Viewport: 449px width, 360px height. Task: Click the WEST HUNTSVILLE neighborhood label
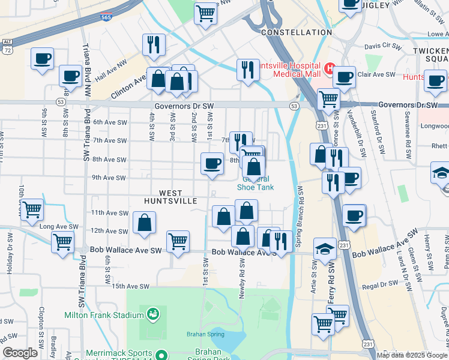click(x=171, y=197)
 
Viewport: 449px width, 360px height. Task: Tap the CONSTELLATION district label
click(x=297, y=32)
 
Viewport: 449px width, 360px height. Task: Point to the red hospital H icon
click(x=329, y=68)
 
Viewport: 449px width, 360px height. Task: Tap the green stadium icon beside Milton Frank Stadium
click(x=152, y=313)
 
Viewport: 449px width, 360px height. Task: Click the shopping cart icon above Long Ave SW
click(x=32, y=209)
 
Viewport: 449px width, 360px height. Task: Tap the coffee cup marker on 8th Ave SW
click(x=212, y=163)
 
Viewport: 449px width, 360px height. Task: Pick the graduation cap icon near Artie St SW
click(x=325, y=249)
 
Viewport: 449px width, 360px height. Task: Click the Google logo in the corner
click(x=20, y=353)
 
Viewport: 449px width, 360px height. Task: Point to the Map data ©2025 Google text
click(x=412, y=355)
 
